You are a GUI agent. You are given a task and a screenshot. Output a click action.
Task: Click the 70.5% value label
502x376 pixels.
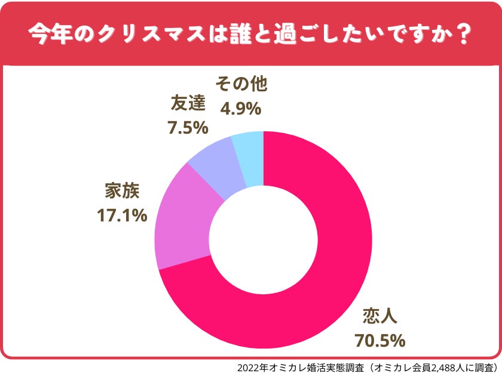[380, 341]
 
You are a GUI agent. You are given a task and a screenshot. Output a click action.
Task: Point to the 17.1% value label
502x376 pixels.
[122, 215]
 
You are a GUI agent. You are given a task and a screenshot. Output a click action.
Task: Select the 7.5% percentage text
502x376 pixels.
[188, 127]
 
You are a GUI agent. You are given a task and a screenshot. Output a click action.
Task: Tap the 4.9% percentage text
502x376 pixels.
[241, 109]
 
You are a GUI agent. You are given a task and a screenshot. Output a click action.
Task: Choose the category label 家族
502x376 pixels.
[122, 192]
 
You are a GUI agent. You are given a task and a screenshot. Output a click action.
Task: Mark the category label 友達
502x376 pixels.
[188, 103]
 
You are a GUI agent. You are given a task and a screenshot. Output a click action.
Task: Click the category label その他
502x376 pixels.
[241, 84]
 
